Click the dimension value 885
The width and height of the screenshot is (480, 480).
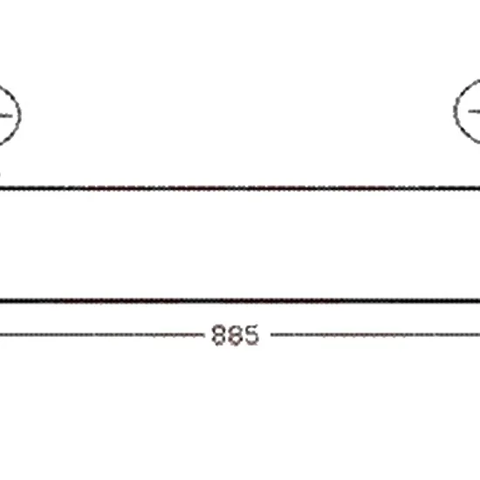click(235, 335)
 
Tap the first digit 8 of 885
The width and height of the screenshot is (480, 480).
click(219, 335)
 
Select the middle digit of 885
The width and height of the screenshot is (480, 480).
click(235, 335)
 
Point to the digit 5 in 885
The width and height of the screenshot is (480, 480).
click(251, 335)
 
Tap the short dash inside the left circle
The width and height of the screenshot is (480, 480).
click(6, 116)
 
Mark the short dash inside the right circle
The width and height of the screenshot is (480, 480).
click(474, 112)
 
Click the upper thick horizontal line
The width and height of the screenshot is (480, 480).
click(240, 188)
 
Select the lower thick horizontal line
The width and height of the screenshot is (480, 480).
click(240, 301)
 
